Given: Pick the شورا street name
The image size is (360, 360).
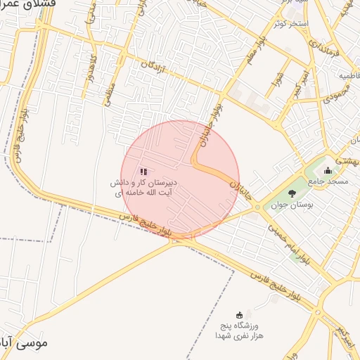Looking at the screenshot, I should point(278,84).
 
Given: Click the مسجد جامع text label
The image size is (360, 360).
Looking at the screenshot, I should point(328,181).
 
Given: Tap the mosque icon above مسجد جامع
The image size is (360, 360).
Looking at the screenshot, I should point(328,170).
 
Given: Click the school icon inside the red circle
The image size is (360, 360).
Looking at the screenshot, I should point(143,172).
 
